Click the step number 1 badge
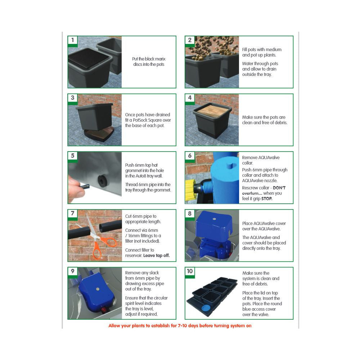(73, 40)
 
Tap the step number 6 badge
(190, 156)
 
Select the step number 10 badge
(190, 271)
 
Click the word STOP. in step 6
(267, 199)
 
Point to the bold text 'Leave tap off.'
(157, 256)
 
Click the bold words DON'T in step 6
(279, 188)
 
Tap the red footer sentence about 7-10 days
(180, 326)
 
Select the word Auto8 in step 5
(143, 176)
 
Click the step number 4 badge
(190, 98)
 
